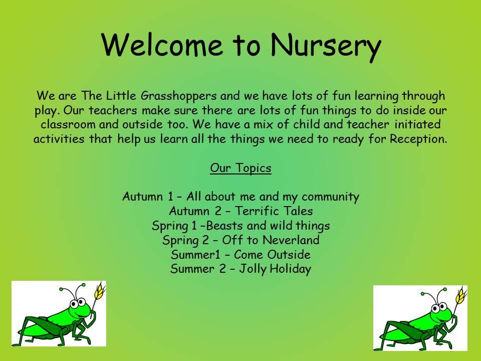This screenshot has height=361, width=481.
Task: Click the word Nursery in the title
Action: [x=326, y=46]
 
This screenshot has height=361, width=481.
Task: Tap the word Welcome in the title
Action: [x=162, y=44]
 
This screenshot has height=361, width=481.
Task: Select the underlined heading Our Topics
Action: [x=241, y=168]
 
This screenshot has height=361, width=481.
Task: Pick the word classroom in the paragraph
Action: [x=68, y=124]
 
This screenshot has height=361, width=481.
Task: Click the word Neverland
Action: [x=291, y=240]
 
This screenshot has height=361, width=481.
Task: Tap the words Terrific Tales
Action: [x=274, y=211]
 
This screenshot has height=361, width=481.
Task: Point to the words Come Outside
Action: [x=272, y=255]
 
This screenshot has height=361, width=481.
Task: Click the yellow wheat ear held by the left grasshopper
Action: [x=99, y=291]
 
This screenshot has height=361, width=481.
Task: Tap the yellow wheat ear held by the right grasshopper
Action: [x=460, y=295]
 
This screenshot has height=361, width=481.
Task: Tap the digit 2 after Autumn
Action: [x=218, y=211]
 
